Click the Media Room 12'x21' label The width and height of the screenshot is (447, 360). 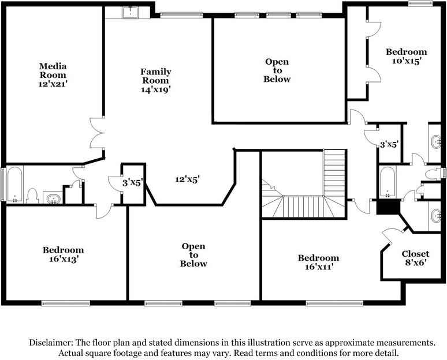pos(53,75)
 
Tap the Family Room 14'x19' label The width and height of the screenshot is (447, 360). pos(155,81)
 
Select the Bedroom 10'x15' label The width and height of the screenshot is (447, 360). pos(406,57)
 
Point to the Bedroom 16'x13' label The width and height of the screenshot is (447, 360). pos(63,254)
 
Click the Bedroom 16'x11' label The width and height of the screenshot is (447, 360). pos(318,262)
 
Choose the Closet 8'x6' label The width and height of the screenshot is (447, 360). pos(415,258)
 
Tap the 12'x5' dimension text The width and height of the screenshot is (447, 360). pos(188,179)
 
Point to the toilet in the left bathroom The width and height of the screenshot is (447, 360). pos(33,196)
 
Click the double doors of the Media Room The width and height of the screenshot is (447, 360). pos(96,134)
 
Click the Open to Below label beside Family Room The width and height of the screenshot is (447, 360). pos(277,70)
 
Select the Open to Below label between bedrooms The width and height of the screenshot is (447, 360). pos(193,255)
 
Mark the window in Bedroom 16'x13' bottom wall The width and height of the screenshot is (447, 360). pos(65,302)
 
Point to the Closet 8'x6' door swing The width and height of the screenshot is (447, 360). pos(390,235)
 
